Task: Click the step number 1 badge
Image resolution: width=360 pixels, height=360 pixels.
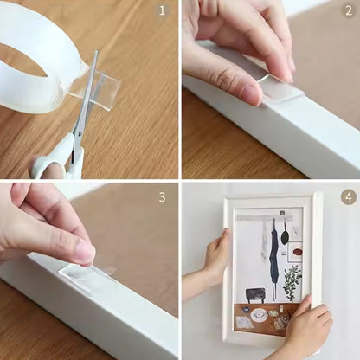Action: (x=162, y=12)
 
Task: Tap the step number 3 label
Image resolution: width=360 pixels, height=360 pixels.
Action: (x=162, y=196)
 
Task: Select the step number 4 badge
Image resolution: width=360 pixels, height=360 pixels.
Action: (x=348, y=196)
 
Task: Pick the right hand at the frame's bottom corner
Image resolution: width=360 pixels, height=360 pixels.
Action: (x=307, y=330)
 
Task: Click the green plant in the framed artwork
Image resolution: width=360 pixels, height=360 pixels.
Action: (x=292, y=281)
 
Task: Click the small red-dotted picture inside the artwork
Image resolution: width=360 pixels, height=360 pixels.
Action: (x=296, y=252)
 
